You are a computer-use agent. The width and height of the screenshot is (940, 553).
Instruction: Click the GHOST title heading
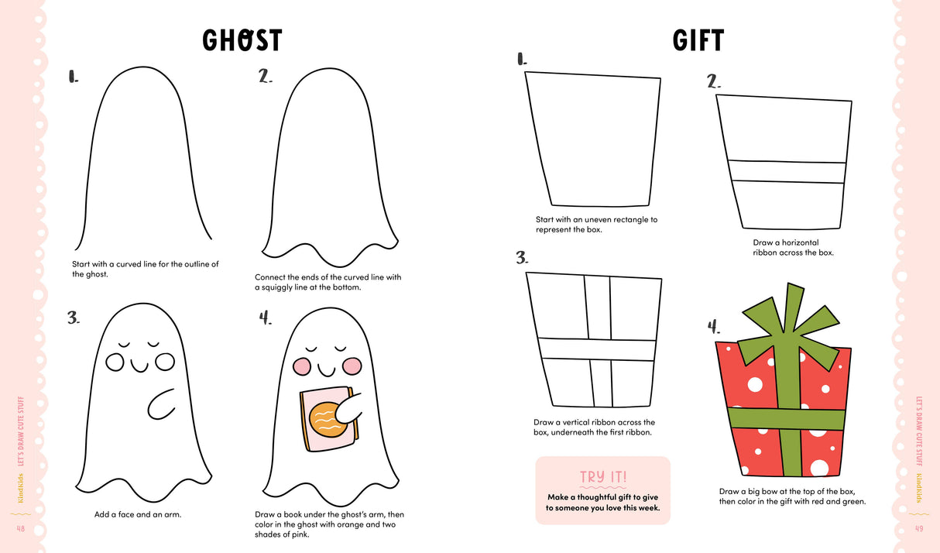pyautogui.click(x=242, y=39)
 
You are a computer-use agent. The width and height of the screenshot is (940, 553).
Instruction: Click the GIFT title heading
pyautogui.click(x=698, y=40)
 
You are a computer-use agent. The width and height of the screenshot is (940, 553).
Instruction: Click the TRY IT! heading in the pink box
pyautogui.click(x=602, y=477)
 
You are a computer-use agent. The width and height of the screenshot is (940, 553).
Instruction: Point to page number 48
pyautogui.click(x=21, y=528)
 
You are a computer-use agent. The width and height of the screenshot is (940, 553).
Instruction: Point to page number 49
pyautogui.click(x=918, y=528)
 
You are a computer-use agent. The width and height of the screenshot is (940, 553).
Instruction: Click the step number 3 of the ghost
pyautogui.click(x=74, y=318)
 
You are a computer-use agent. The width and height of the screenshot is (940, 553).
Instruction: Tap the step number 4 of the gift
pyautogui.click(x=715, y=327)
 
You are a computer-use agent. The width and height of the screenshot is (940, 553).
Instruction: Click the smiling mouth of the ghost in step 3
pyautogui.click(x=140, y=364)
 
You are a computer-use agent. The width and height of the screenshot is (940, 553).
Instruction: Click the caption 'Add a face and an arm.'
pyautogui.click(x=138, y=514)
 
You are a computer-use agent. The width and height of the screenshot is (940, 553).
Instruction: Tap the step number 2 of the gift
pyautogui.click(x=714, y=81)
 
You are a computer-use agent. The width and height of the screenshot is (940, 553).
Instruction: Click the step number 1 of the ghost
pyautogui.click(x=74, y=76)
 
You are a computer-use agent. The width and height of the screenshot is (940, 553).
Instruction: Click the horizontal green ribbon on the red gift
pyautogui.click(x=786, y=419)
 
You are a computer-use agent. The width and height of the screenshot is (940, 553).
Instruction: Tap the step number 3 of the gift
pyautogui.click(x=522, y=258)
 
